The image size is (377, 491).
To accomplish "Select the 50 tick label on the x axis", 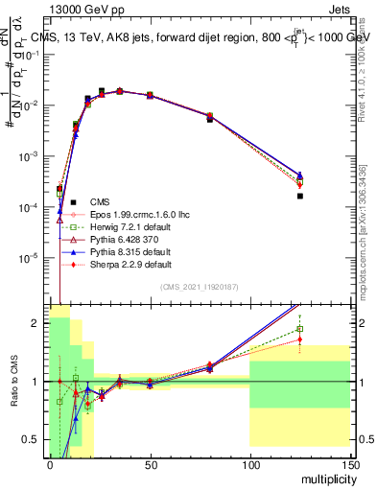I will click(x=149, y=463).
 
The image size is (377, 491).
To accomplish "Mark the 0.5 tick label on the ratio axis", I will click(x=32, y=439).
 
